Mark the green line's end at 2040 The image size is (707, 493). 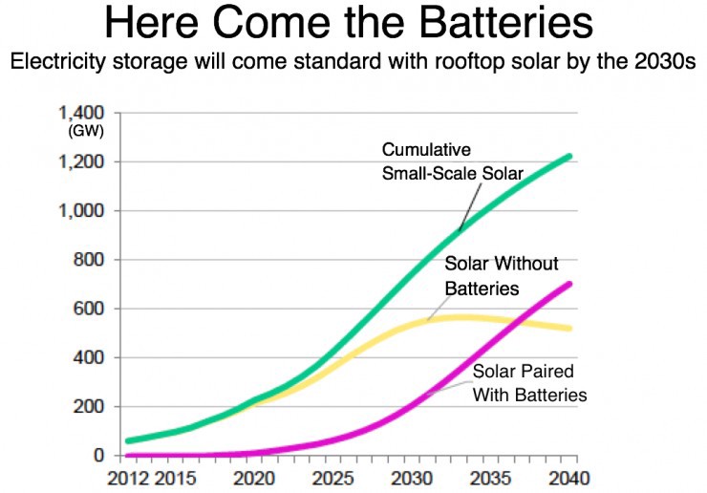570,156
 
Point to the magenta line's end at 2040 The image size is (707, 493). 570,284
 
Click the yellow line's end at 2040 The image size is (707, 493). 570,328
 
